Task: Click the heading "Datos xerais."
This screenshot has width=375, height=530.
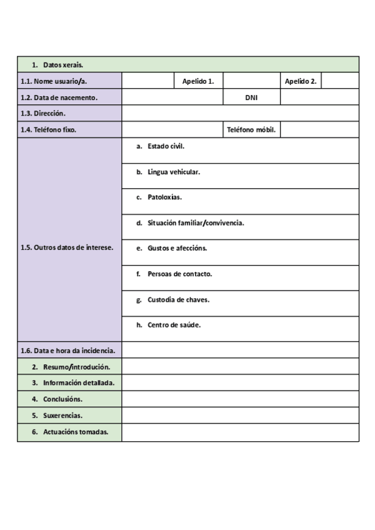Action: [x=63, y=65]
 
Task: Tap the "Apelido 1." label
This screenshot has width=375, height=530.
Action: [x=198, y=81]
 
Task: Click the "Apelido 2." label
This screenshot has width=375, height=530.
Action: [x=301, y=81]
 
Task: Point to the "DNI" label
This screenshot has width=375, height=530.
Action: [x=251, y=97]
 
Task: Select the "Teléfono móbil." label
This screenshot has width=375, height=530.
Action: [x=251, y=130]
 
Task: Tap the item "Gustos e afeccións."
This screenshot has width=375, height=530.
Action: [x=177, y=248]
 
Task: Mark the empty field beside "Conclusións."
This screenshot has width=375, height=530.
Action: [x=240, y=399]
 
